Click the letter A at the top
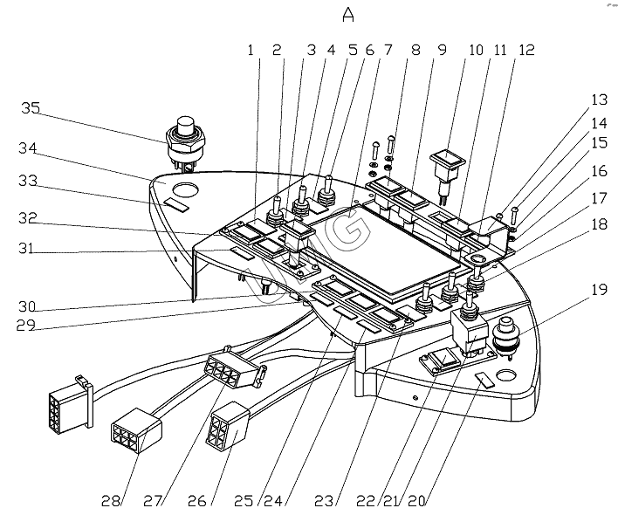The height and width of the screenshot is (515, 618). (x=349, y=15)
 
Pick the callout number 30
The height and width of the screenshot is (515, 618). (x=31, y=306)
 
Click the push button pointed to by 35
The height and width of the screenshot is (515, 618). (x=185, y=131)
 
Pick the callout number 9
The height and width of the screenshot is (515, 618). (x=442, y=51)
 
